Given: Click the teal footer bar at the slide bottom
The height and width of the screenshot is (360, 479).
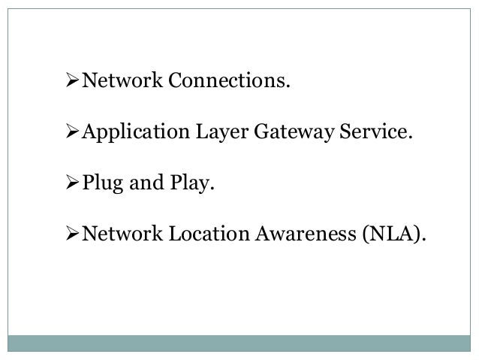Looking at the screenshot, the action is click(239, 343).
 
